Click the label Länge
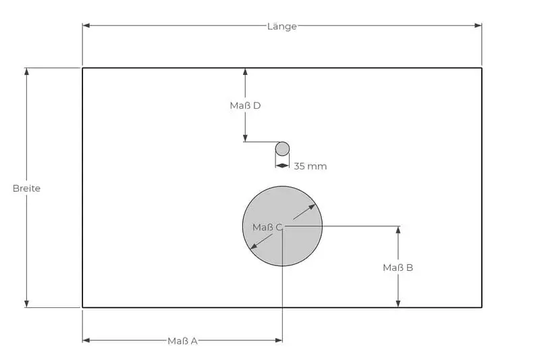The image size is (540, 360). [x=281, y=26]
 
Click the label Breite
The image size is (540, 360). [x=26, y=188]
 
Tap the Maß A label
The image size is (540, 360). [x=182, y=341]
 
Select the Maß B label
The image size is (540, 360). [x=398, y=268]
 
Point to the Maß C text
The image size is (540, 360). [x=267, y=228]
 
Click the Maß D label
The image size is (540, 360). [x=245, y=106]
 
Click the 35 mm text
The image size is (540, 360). [x=310, y=166]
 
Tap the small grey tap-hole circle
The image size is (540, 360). [x=282, y=149]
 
